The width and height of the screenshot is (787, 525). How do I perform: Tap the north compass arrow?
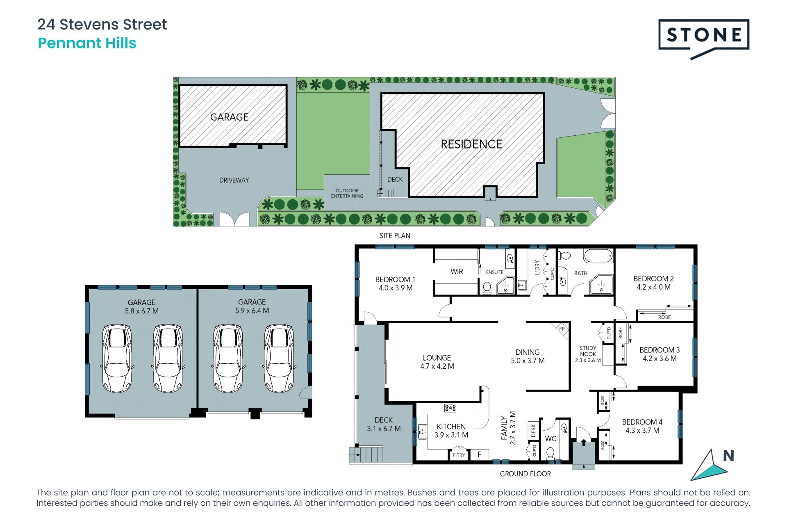709,466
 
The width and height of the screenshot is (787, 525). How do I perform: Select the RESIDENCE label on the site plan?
471,144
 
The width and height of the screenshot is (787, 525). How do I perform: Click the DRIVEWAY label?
234,180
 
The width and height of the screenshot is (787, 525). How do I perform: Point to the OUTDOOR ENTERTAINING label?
347,193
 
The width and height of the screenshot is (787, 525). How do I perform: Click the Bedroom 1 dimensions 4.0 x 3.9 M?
396,288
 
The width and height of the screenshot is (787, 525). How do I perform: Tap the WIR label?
457,272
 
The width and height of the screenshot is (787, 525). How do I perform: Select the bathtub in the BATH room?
598,256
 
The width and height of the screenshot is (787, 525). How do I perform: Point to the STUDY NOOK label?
588,351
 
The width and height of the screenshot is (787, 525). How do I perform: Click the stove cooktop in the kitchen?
450,408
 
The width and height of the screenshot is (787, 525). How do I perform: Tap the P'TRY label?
459,455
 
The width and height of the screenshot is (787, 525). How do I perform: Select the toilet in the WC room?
550,453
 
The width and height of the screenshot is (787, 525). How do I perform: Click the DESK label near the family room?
533,430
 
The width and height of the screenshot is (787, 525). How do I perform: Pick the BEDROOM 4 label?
642,422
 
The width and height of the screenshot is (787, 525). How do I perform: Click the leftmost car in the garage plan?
117,358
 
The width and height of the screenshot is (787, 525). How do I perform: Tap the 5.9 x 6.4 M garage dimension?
252,310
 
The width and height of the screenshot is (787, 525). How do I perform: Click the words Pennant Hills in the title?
87,43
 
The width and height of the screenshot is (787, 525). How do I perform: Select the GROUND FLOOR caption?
525,474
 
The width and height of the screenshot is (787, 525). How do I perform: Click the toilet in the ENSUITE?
487,288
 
